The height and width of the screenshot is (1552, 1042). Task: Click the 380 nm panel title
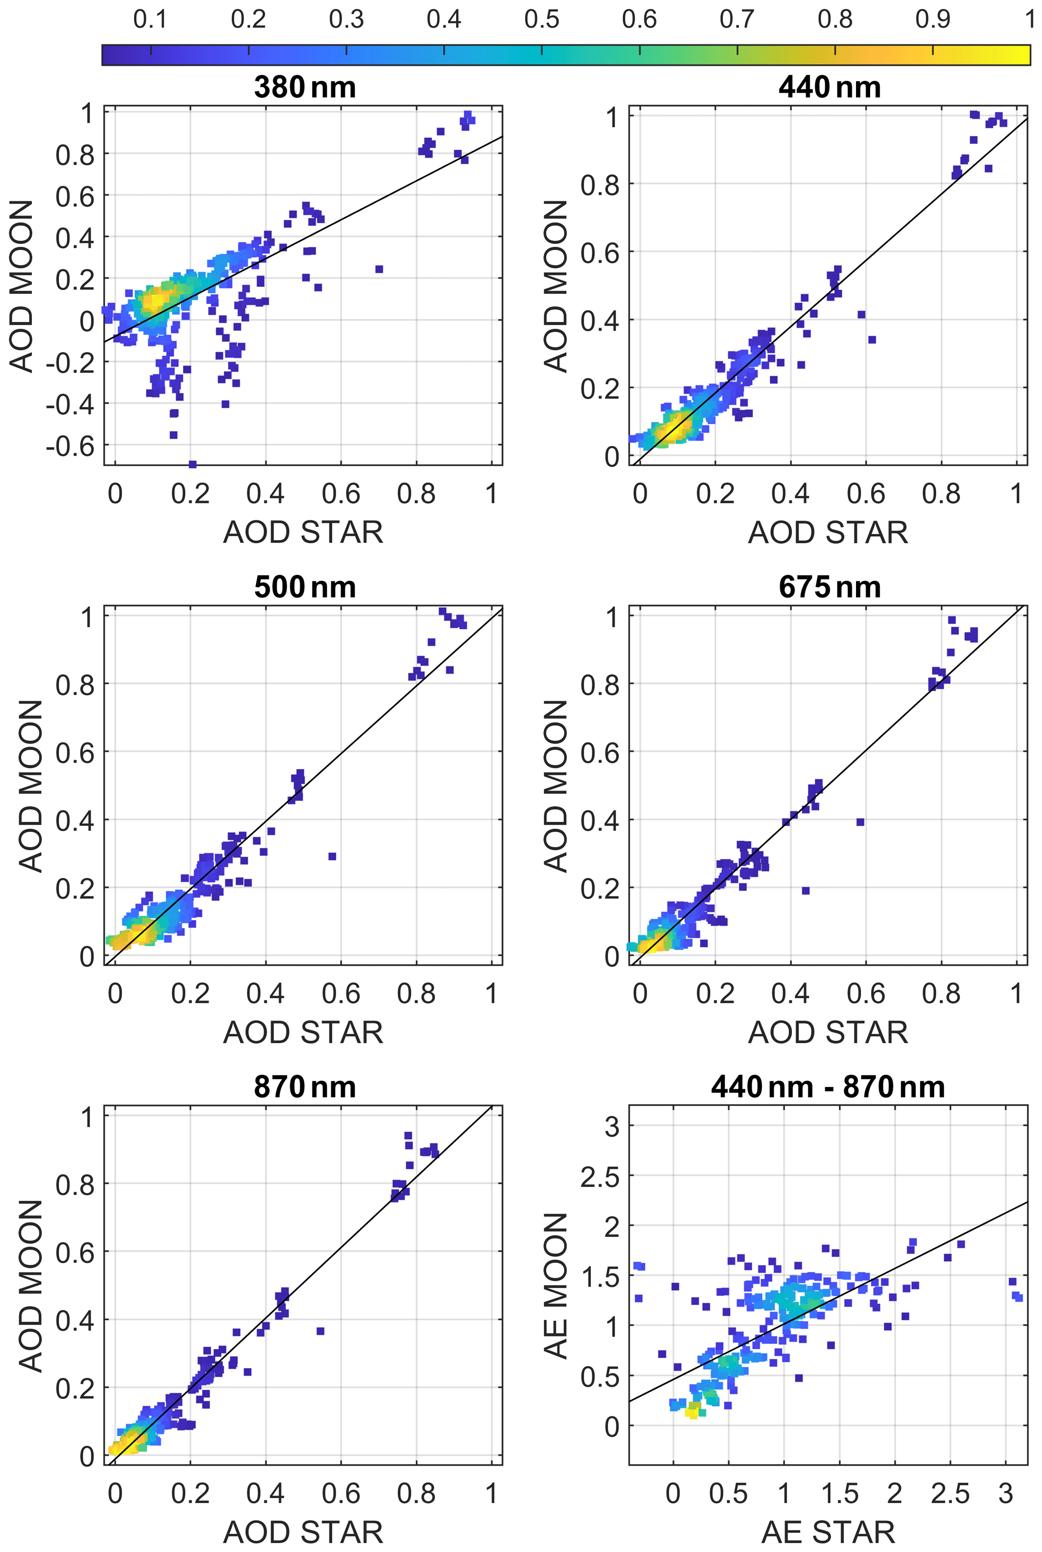tap(304, 87)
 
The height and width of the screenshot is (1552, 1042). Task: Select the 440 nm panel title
tap(829, 87)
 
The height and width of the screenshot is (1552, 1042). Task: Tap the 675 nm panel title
tap(829, 587)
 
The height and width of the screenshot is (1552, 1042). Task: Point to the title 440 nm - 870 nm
tap(828, 1087)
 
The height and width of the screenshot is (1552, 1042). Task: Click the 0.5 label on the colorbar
tap(541, 19)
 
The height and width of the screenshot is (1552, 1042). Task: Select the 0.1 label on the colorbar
tap(150, 19)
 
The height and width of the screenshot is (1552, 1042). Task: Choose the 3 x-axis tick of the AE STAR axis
tap(1005, 1494)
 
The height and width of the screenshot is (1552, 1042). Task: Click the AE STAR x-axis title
tap(828, 1532)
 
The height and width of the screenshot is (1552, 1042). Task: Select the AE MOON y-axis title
tap(556, 1285)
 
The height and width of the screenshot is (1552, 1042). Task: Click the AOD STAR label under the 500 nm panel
tap(303, 1032)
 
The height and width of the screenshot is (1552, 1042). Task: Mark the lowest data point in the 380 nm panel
tap(193, 464)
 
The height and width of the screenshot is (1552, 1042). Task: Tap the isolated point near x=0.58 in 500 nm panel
tap(332, 856)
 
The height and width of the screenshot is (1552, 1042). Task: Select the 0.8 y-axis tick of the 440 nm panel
tap(599, 184)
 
